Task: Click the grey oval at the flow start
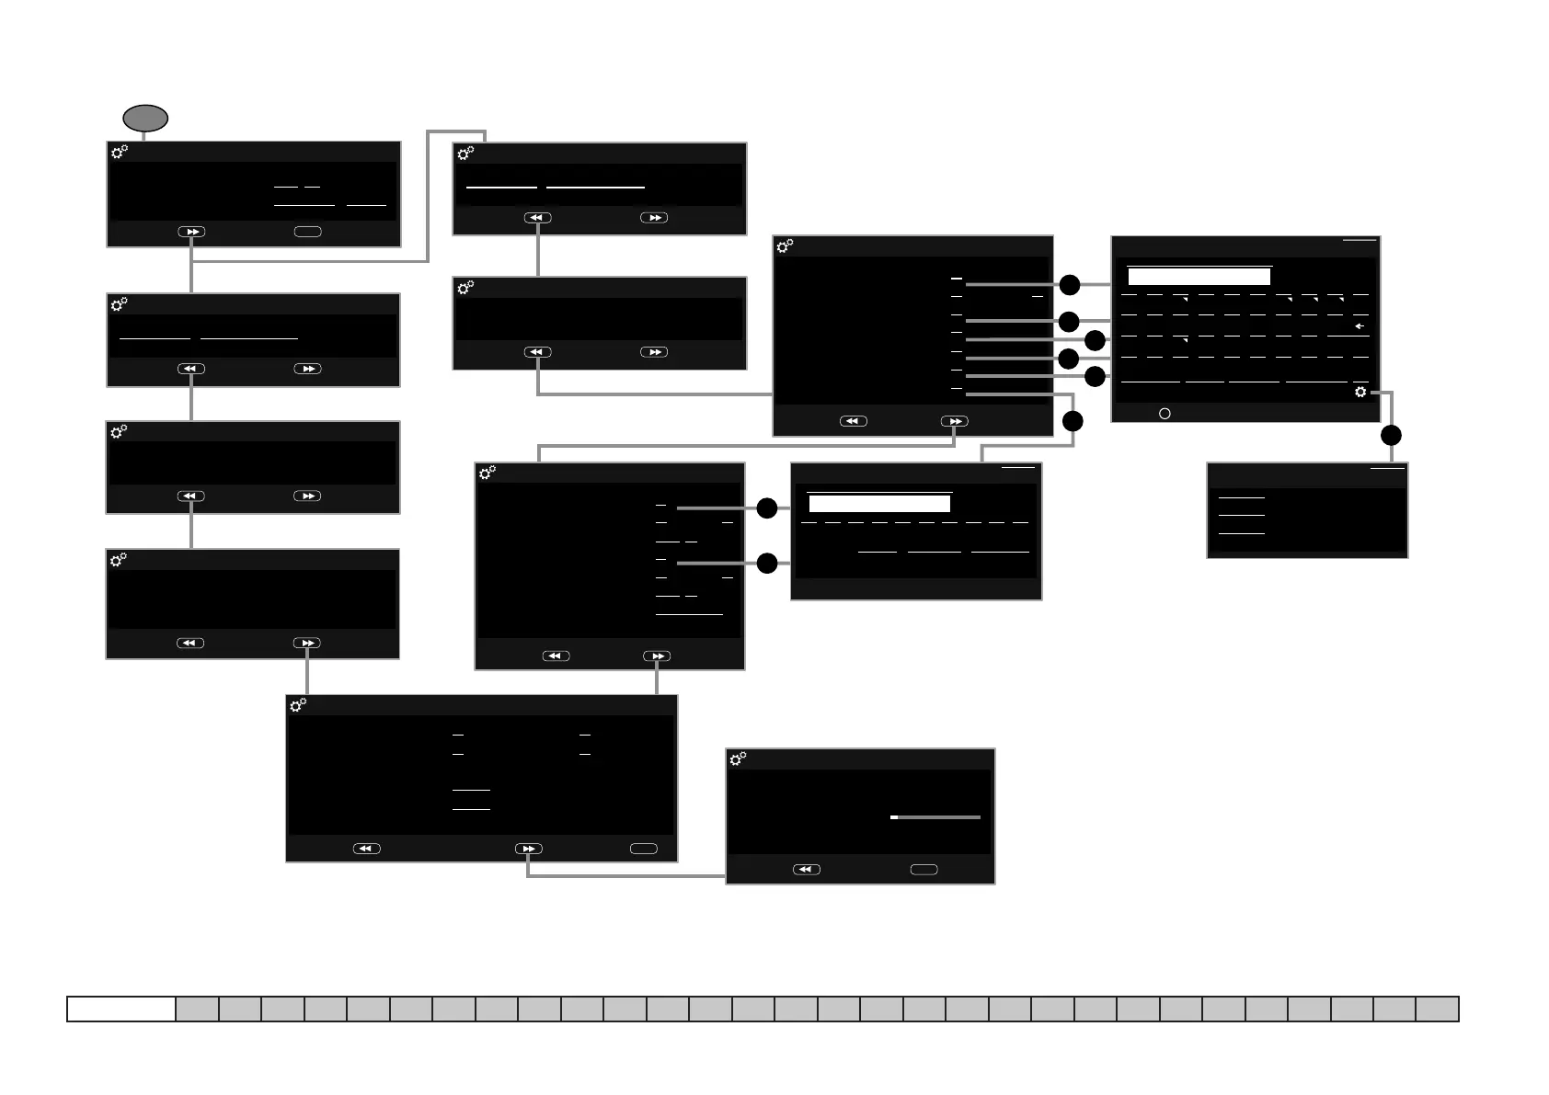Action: (x=145, y=119)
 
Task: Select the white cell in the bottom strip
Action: (x=121, y=1009)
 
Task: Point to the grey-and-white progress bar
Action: (x=935, y=817)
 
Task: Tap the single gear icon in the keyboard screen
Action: (x=1360, y=393)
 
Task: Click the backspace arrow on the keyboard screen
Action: (x=1359, y=326)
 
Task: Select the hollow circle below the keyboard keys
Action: (x=1165, y=414)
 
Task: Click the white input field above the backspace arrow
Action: (x=1199, y=277)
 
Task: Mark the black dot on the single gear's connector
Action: (x=1391, y=435)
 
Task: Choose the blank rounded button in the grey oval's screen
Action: (x=307, y=232)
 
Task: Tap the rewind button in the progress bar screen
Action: (x=807, y=869)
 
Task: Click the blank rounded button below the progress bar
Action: (x=924, y=869)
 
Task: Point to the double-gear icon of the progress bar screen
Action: (x=738, y=759)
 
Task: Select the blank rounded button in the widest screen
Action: (x=643, y=849)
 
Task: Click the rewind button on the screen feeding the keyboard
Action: (x=854, y=421)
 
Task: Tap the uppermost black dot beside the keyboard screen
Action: (x=1069, y=285)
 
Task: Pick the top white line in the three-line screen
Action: (x=1241, y=497)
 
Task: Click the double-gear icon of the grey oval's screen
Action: (x=120, y=153)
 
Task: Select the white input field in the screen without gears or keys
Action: (x=879, y=504)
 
